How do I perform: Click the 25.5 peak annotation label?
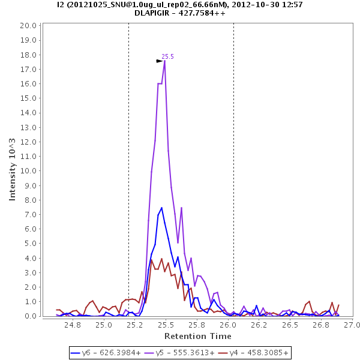167,56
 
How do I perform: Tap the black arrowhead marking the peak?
160,61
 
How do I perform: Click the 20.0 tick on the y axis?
28,26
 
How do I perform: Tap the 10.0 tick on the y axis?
28,171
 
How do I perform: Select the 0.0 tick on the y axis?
30,316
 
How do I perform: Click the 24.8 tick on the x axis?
73,325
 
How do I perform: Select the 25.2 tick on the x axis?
135,325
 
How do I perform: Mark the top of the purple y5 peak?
164,61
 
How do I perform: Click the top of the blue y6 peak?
161,208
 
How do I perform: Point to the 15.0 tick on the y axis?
28,98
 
